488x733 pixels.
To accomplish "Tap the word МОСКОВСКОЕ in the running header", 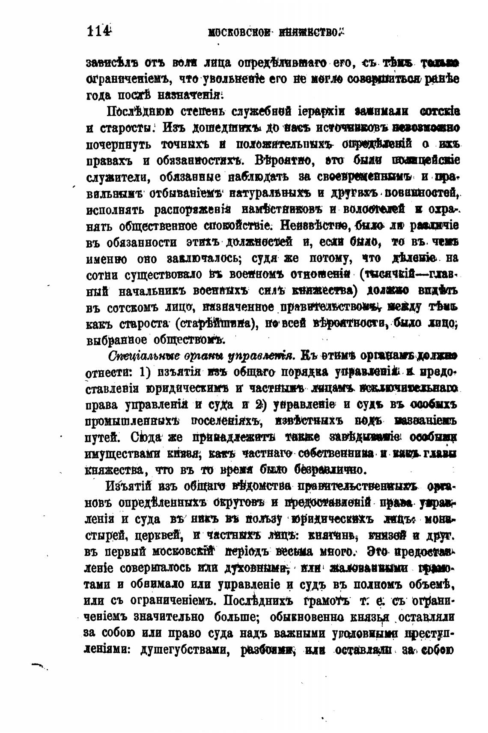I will (241, 33).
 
